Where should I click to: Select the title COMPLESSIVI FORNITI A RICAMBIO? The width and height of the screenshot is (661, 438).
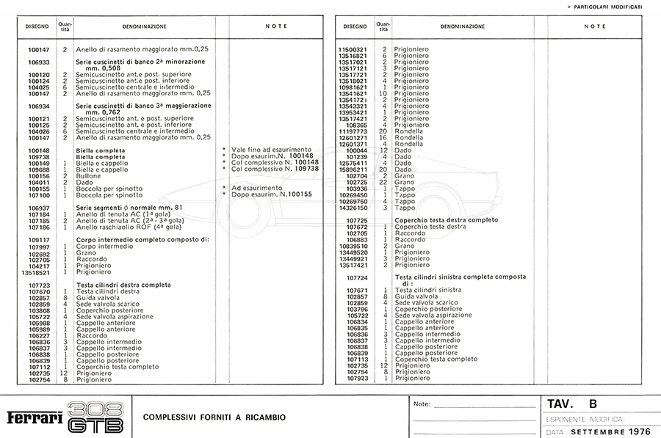[x=214, y=417]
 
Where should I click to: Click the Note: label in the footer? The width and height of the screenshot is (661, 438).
[x=422, y=404]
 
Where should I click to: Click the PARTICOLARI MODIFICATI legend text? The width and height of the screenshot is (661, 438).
[x=610, y=7]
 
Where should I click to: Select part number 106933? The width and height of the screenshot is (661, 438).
[x=38, y=62]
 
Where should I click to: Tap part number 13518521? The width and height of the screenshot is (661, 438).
[x=36, y=271]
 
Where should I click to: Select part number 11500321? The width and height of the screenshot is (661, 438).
[x=352, y=49]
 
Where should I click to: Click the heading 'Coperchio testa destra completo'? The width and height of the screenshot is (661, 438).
[x=447, y=220]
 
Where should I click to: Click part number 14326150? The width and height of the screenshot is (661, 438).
[x=352, y=208]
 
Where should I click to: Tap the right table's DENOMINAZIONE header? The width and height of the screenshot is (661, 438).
[x=462, y=26]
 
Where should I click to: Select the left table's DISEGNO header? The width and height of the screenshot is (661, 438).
[x=37, y=26]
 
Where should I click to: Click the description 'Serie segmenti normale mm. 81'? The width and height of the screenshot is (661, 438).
[x=129, y=208]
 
